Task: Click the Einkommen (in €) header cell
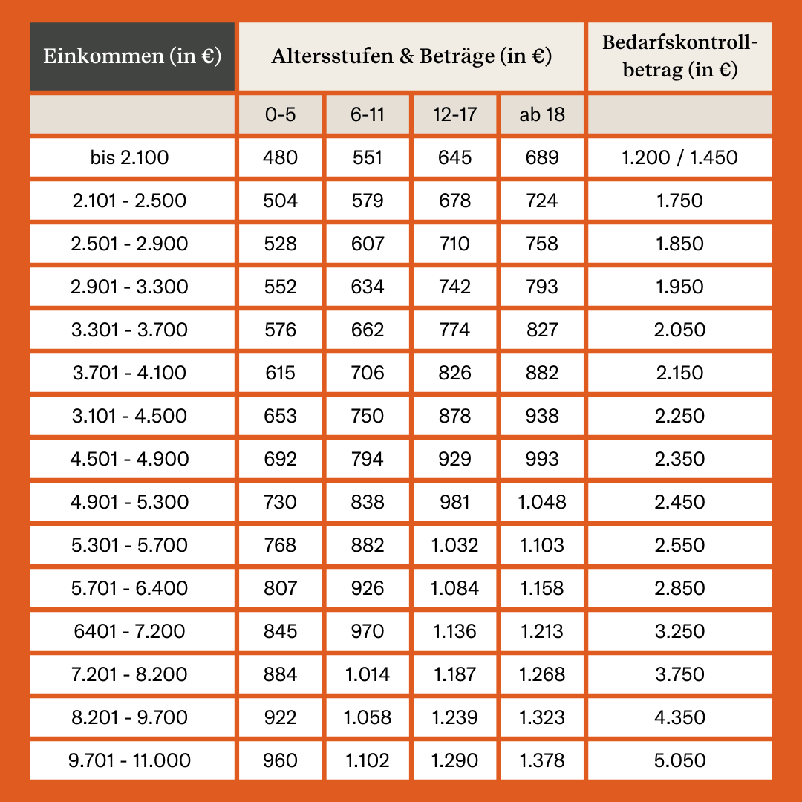click(x=132, y=56)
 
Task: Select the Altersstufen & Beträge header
click(x=411, y=56)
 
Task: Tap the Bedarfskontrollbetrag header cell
click(x=679, y=56)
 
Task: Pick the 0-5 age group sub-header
click(x=281, y=114)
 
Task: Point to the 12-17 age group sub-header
click(x=454, y=114)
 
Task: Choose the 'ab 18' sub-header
click(x=542, y=114)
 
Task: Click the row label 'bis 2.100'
click(x=132, y=157)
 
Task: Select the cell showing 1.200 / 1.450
click(x=679, y=157)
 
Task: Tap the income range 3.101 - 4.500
click(x=132, y=416)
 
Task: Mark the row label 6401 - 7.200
click(x=132, y=631)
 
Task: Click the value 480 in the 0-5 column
click(x=281, y=157)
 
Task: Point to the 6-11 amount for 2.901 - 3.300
click(x=368, y=287)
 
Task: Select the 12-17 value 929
click(x=454, y=459)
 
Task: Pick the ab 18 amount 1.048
click(x=542, y=502)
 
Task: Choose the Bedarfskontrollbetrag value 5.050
click(x=679, y=760)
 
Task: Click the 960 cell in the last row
click(x=281, y=760)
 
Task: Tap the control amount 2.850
click(x=679, y=588)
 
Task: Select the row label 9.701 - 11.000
click(x=132, y=760)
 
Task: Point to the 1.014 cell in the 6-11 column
click(x=368, y=674)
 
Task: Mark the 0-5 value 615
click(x=281, y=373)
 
